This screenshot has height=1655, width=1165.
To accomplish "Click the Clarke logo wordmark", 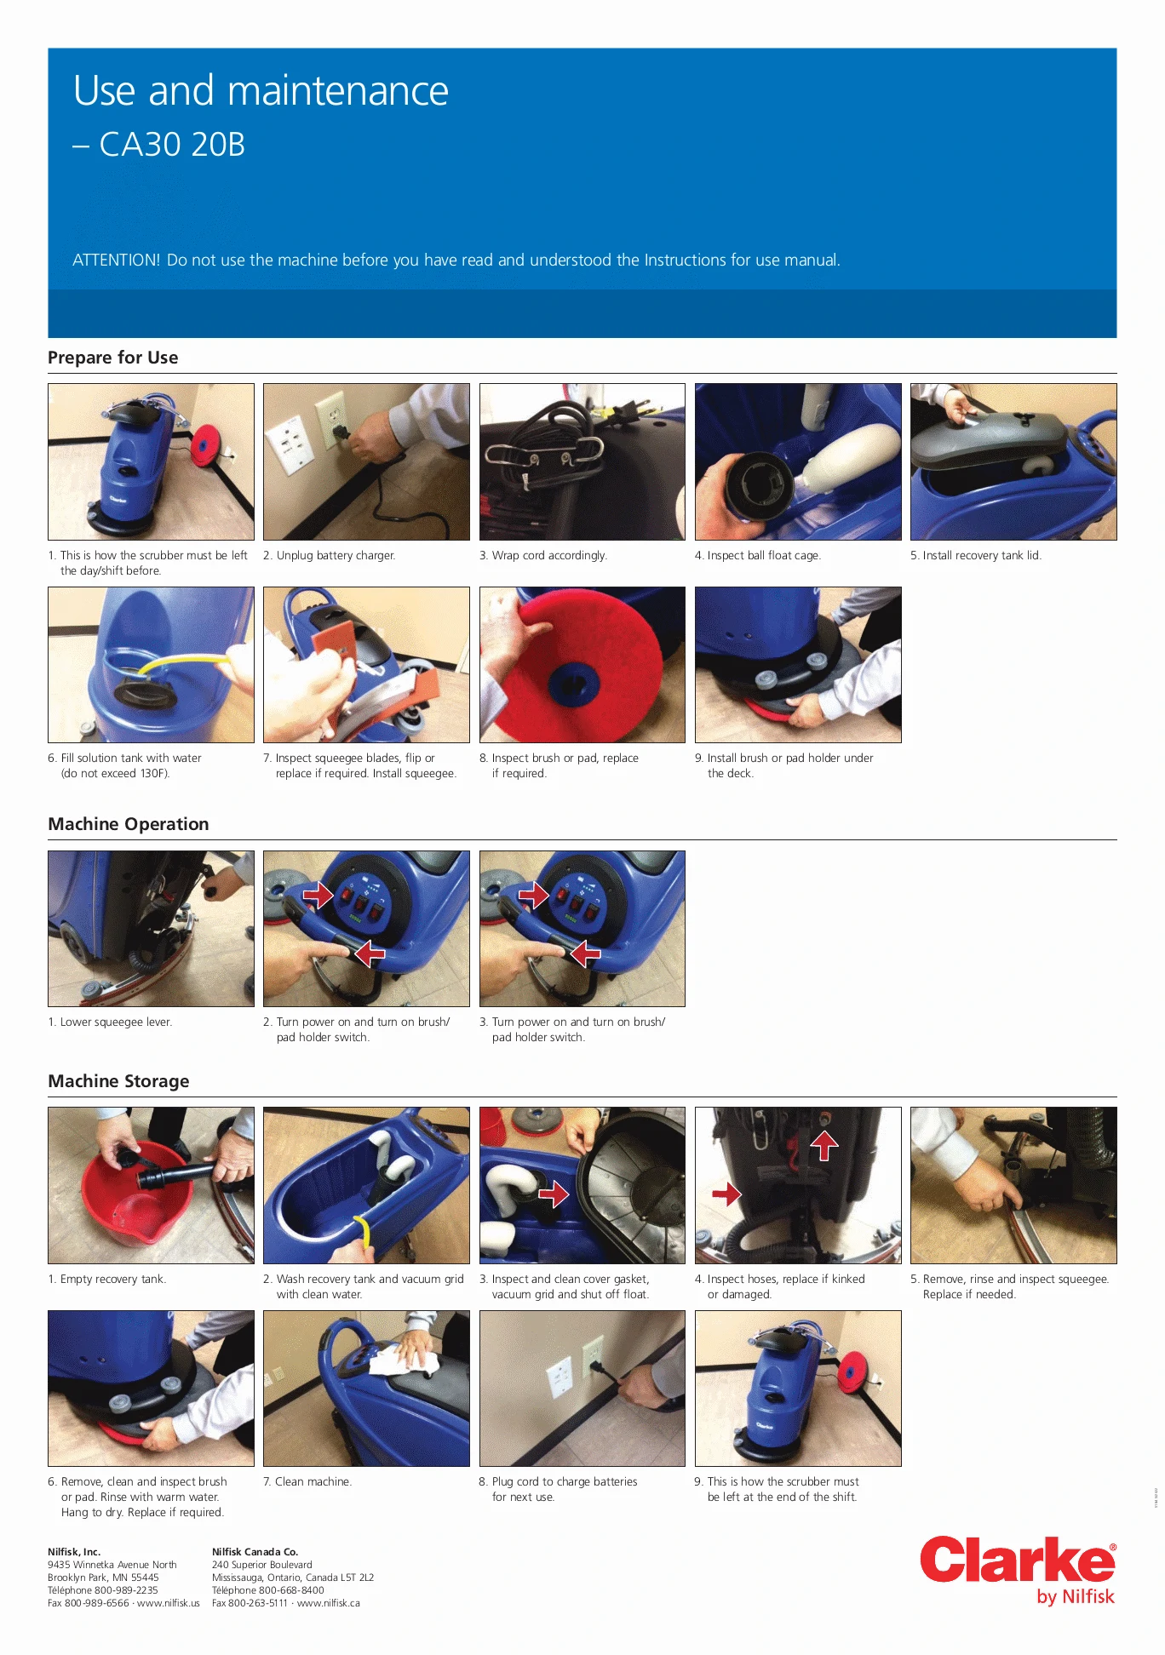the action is coord(1018,1560).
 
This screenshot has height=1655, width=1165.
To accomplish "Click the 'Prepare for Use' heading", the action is coord(113,358).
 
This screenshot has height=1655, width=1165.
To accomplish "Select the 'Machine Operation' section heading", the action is coord(129,824).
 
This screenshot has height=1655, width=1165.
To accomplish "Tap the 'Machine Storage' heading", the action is coord(118,1081).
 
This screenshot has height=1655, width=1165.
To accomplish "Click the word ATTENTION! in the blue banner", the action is coord(116,260).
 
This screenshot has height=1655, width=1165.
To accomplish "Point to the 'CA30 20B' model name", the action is coord(172,145).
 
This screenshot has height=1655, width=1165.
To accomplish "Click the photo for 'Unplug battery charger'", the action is coord(366,461).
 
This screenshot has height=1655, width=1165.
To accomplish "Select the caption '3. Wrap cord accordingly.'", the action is coord(543,555).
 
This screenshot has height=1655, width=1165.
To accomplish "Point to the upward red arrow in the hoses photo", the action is coord(824,1145).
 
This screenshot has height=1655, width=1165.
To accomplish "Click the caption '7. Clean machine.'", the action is coord(307,1481).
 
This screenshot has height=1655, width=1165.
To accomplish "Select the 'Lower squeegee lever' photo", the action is coord(151,929).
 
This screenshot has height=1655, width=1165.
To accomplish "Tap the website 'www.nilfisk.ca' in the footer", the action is coord(329,1603).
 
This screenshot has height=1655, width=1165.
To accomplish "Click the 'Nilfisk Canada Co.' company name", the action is coord(255,1552).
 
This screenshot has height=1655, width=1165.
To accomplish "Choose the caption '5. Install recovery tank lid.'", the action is coord(976,555).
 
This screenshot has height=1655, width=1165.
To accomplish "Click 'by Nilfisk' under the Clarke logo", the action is coord(1076,1596).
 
